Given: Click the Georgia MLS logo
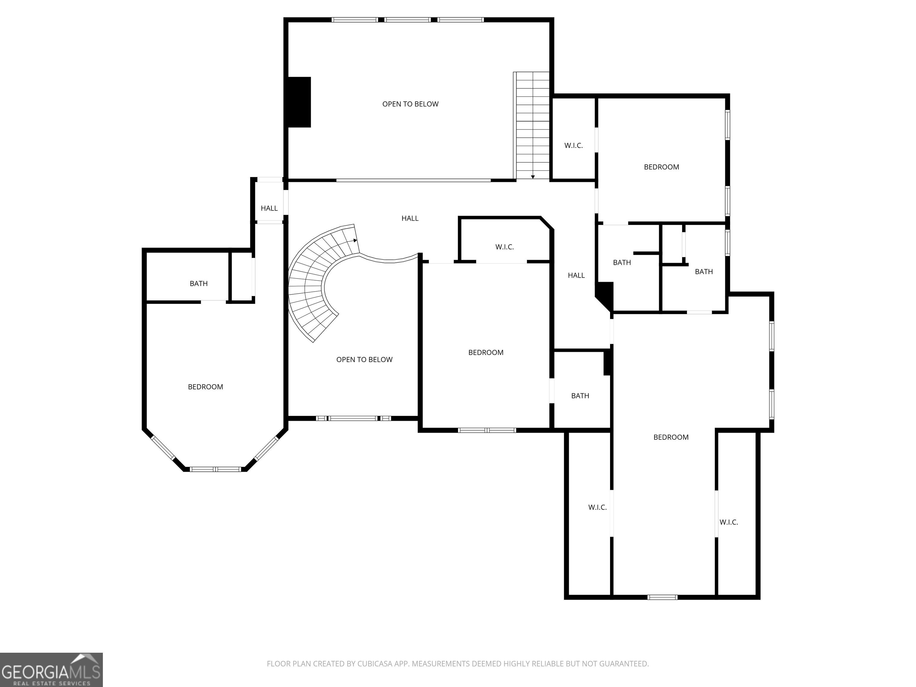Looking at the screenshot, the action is (51, 670).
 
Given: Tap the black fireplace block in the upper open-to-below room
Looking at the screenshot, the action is (299, 102).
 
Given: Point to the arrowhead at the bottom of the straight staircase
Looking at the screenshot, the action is (533, 177).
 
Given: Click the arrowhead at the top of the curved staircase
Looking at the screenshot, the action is (355, 240).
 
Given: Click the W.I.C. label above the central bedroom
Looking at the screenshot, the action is (505, 247).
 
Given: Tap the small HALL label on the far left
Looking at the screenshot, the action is (269, 208).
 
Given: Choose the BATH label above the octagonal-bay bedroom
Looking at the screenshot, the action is (199, 284).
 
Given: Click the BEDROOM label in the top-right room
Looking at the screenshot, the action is (661, 167).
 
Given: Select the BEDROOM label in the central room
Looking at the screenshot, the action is (486, 353).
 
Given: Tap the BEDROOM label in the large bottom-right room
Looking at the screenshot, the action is (671, 437).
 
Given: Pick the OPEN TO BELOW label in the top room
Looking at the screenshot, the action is (410, 104).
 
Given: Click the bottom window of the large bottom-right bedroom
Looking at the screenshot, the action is (663, 597).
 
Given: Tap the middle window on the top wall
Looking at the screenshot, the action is (408, 19).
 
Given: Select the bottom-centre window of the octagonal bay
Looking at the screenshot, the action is (215, 469).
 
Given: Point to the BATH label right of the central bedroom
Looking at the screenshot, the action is (580, 396).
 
